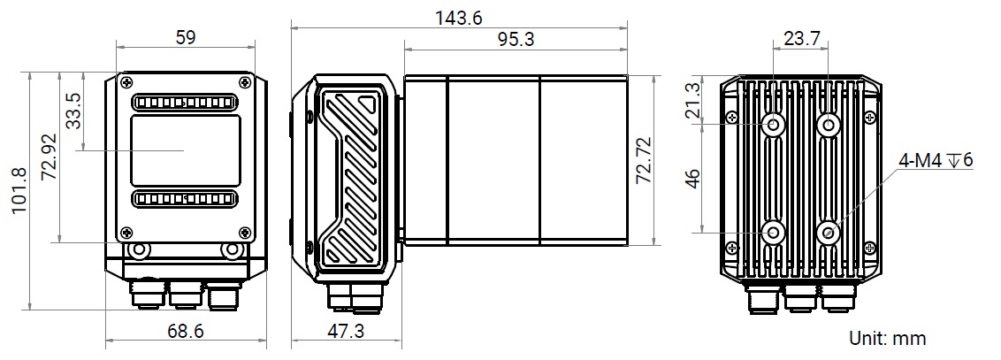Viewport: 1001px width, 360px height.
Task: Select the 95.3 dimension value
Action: point(516,40)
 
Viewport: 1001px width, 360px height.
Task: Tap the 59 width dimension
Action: point(185,37)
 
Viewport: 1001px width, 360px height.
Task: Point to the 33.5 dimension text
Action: point(74,111)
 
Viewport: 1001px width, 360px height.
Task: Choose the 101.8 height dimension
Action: point(19,190)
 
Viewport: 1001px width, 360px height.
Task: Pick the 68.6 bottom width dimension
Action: point(185,332)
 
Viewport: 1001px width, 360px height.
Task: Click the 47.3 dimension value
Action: point(346,332)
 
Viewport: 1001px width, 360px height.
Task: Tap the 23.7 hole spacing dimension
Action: point(802,38)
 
